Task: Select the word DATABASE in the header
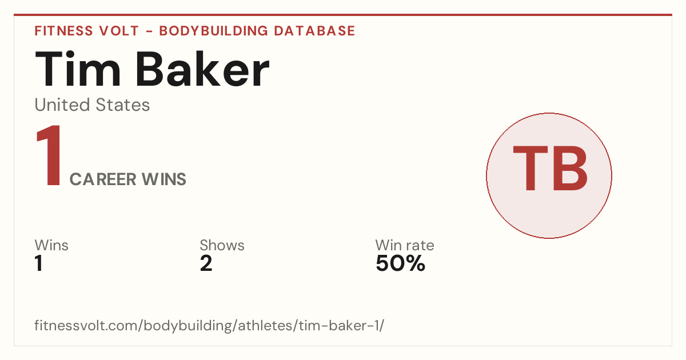point(314,31)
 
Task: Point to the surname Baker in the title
point(202,69)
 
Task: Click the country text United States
point(92,105)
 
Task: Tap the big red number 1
point(49,155)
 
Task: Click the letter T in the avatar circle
point(531,168)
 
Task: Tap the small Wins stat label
point(51,245)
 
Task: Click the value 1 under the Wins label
point(39,263)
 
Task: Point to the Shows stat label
point(222,245)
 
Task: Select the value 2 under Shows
point(206,263)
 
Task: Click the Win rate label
point(405,245)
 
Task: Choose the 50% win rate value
point(401,263)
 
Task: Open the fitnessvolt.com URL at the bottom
point(209,325)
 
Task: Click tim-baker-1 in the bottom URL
point(338,325)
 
